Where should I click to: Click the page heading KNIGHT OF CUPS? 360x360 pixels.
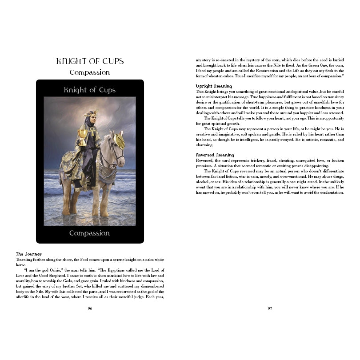click(x=90, y=61)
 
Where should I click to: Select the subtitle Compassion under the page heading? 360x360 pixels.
click(x=90, y=72)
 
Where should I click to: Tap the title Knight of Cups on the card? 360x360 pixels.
click(x=90, y=90)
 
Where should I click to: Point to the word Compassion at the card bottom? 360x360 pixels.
click(x=90, y=233)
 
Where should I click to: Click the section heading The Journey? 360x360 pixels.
click(x=29, y=254)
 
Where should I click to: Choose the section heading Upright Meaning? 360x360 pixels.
click(x=214, y=86)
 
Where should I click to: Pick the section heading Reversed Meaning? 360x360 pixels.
click(x=216, y=154)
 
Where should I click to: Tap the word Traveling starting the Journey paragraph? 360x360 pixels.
click(x=25, y=259)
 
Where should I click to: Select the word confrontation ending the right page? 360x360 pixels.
click(x=329, y=192)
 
